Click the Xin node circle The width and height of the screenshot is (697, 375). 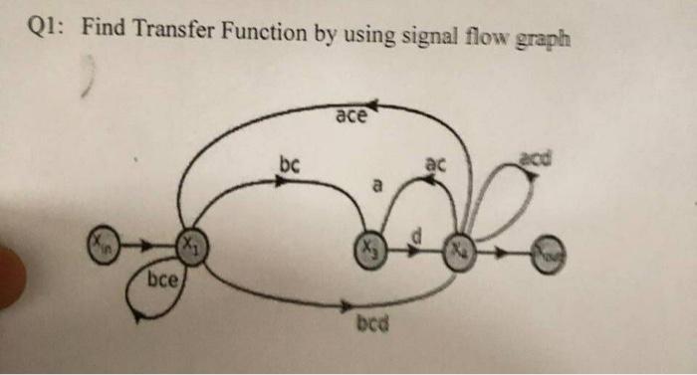click(x=103, y=242)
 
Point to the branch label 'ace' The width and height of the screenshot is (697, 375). click(x=350, y=117)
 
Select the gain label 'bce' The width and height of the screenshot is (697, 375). click(x=162, y=281)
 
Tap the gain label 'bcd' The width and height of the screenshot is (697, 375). click(x=371, y=324)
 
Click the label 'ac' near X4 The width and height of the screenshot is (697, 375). click(x=435, y=163)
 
